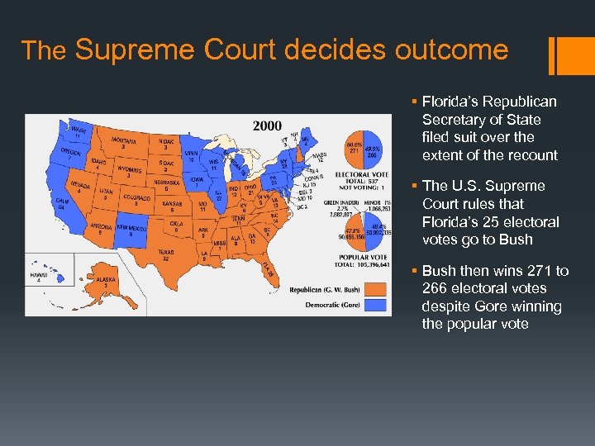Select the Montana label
[123, 143]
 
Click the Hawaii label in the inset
[37, 275]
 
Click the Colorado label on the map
[136, 198]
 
